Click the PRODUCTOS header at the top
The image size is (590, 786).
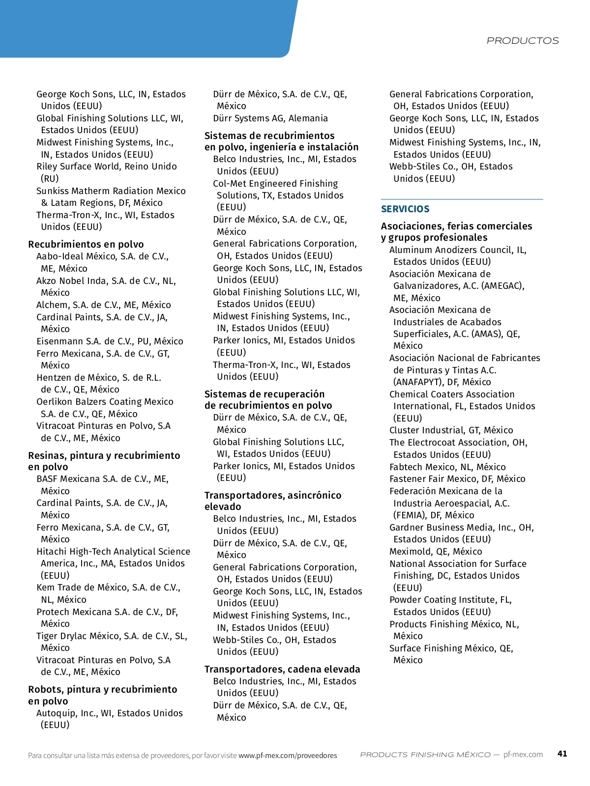pyautogui.click(x=523, y=41)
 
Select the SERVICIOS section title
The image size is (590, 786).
pyautogui.click(x=405, y=209)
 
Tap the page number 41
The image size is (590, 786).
pyautogui.click(x=562, y=754)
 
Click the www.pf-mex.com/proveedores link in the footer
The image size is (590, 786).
pyautogui.click(x=288, y=756)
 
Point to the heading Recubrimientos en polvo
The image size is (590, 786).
pyautogui.click(x=86, y=244)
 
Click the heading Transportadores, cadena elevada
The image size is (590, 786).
pyautogui.click(x=282, y=669)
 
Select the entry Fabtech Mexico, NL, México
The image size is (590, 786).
pyautogui.click(x=447, y=467)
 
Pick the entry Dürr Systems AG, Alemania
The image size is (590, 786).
pyautogui.click(x=270, y=118)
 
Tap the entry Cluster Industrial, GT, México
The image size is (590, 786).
pyautogui.click(x=451, y=430)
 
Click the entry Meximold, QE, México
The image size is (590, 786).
pyautogui.click(x=436, y=551)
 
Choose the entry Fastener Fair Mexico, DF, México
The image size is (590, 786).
pyautogui.click(x=457, y=479)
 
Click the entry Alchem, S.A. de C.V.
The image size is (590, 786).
pyautogui.click(x=103, y=305)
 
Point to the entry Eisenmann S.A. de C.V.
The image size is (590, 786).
pyautogui.click(x=110, y=341)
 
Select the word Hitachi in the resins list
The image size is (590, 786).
pyautogui.click(x=51, y=552)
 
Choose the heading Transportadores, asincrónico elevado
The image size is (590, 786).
pyautogui.click(x=272, y=501)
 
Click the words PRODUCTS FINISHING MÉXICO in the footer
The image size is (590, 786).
pyautogui.click(x=425, y=755)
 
